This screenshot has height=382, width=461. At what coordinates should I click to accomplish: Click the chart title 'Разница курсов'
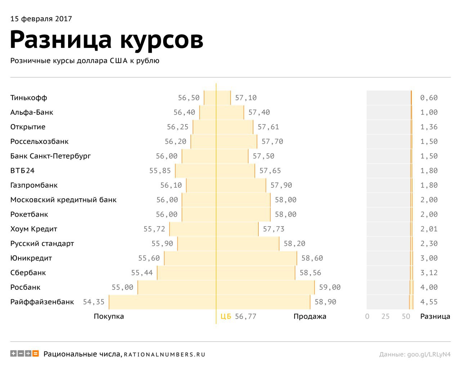click(x=107, y=39)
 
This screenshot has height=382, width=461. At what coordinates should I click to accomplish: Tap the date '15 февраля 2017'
click(x=41, y=19)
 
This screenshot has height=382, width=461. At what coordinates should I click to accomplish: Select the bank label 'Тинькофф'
click(x=28, y=98)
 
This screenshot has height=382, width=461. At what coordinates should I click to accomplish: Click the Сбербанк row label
click(x=28, y=273)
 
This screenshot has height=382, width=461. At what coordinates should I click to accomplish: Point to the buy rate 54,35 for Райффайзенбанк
click(x=94, y=302)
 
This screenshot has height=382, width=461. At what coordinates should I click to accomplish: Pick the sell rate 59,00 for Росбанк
click(x=330, y=287)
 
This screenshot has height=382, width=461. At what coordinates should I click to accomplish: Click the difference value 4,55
click(x=429, y=302)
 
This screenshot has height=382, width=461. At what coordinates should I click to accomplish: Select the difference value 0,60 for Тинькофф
click(x=429, y=98)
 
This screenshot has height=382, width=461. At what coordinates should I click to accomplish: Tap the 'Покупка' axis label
click(x=109, y=316)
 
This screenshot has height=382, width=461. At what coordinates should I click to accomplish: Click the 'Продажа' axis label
click(x=310, y=316)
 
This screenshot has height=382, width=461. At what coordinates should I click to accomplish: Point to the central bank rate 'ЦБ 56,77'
click(x=238, y=316)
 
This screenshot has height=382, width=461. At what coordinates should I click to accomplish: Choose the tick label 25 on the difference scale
click(x=385, y=316)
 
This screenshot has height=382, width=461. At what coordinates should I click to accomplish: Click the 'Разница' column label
click(x=435, y=316)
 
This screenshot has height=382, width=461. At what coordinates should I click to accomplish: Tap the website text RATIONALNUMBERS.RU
click(x=165, y=355)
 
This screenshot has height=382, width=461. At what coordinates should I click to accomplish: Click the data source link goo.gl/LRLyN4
click(x=429, y=354)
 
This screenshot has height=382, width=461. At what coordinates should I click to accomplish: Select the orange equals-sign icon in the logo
click(x=36, y=354)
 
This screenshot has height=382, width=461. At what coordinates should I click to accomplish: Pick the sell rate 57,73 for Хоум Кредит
click(x=273, y=229)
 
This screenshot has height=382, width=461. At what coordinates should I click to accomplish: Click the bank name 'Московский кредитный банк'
click(x=63, y=200)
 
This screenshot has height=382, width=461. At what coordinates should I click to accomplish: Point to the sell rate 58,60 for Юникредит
click(x=312, y=258)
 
